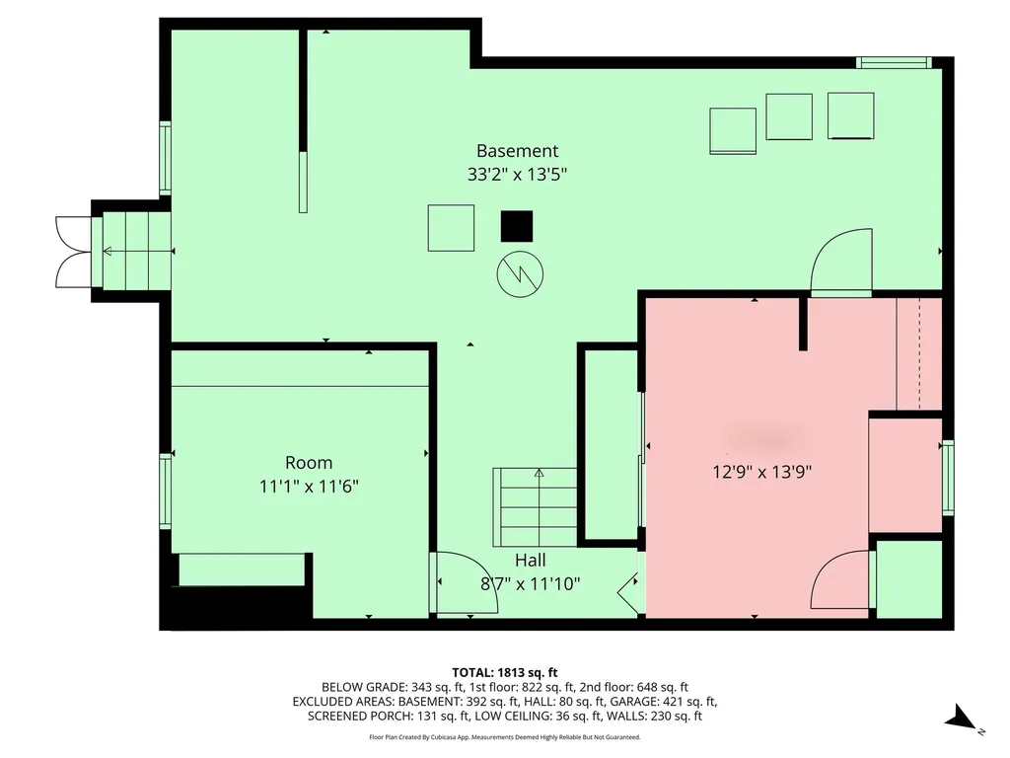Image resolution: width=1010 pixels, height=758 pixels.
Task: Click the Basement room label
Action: (517, 151)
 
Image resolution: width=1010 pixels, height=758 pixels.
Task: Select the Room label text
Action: (309, 462)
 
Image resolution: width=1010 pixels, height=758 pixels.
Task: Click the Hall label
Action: (530, 561)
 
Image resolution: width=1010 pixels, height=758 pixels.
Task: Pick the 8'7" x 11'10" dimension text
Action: (530, 583)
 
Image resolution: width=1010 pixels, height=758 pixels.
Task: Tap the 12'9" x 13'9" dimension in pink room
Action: (762, 472)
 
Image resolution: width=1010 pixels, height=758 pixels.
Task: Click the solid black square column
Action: (516, 227)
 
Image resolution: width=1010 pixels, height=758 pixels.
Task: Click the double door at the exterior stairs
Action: (73, 252)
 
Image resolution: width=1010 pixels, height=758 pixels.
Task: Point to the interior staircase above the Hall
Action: (536, 506)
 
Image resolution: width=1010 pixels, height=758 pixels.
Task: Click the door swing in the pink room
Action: (840, 581)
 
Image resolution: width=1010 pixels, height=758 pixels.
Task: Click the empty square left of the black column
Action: (451, 228)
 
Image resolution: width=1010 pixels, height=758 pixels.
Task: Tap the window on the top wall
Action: (894, 63)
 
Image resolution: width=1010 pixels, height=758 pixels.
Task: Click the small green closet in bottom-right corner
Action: (908, 579)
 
